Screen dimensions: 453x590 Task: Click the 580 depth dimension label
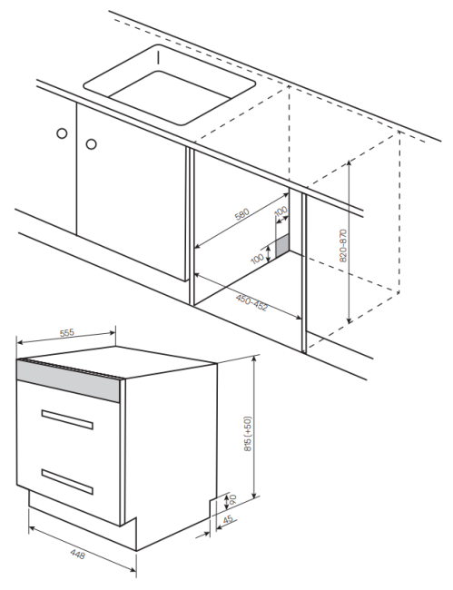[241, 214]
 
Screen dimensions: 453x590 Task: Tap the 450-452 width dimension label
[251, 303]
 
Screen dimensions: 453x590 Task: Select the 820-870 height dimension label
[343, 246]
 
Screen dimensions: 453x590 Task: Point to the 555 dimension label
[67, 333]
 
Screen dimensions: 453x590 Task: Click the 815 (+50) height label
[248, 434]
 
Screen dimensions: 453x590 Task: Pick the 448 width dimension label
[78, 554]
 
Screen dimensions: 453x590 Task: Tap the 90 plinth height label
[233, 499]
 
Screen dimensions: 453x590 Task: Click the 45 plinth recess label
[228, 519]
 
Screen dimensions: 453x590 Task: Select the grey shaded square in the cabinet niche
[282, 244]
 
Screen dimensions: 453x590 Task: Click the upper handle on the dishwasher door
[67, 419]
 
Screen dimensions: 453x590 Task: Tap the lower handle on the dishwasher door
[67, 482]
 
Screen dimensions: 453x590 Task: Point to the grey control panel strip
[68, 380]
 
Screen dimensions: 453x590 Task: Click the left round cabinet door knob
[62, 133]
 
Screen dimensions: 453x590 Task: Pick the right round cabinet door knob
[91, 143]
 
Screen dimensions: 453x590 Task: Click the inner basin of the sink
[171, 97]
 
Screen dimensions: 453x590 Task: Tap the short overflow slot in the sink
[158, 58]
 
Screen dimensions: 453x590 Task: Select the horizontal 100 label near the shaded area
[258, 259]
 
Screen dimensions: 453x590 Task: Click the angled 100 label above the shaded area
[281, 211]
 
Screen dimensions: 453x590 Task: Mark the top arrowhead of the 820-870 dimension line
[350, 162]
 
